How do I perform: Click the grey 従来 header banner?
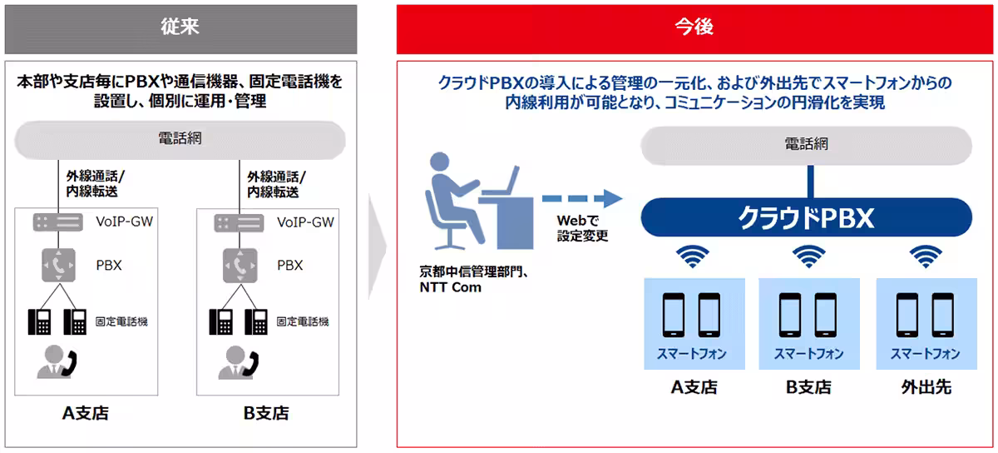point(181,29)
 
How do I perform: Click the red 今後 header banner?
point(694,29)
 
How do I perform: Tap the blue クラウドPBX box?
point(806,217)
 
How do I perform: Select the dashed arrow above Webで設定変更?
point(582,199)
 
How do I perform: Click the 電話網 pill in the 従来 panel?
point(180,140)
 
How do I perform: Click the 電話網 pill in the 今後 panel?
point(806,145)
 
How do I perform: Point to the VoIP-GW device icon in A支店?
point(58,222)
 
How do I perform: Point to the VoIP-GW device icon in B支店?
point(239,223)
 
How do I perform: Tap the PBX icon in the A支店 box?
point(58,265)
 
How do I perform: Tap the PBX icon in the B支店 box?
point(240,266)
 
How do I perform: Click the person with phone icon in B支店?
point(239,362)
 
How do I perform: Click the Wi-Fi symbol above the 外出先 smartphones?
point(926,256)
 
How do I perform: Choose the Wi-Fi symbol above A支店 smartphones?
point(692,256)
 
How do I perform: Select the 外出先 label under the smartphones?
point(926,387)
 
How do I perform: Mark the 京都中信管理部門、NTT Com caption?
point(473,279)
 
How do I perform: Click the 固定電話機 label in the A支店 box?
point(121,321)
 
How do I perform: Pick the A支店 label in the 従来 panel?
point(86,413)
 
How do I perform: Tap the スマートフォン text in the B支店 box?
point(808,354)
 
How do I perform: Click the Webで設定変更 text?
point(582,228)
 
